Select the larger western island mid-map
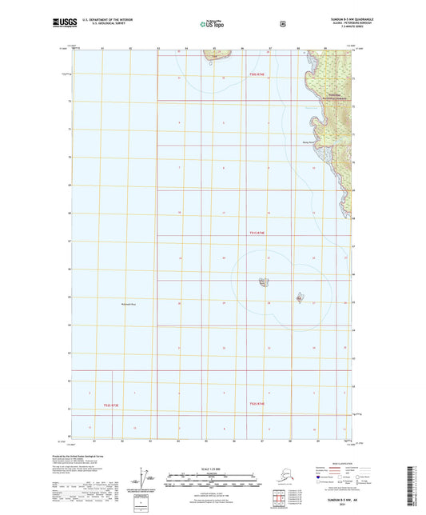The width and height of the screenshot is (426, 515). [262, 281]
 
